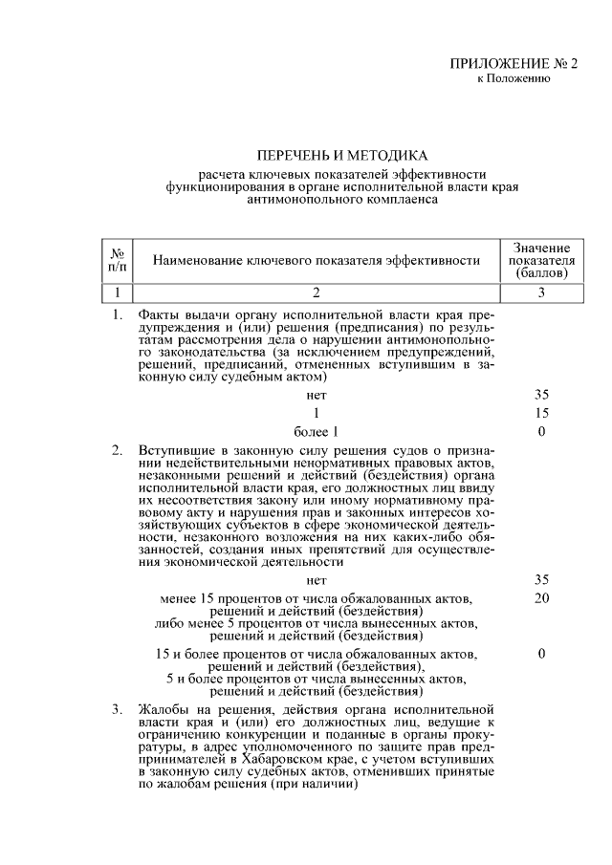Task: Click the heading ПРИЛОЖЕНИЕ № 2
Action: (514, 64)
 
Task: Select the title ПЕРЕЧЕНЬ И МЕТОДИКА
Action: (341, 154)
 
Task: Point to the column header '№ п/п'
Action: (118, 260)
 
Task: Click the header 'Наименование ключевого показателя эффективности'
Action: (316, 260)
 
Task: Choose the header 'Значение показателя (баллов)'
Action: (540, 260)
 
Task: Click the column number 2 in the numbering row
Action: (316, 292)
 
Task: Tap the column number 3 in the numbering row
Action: (540, 292)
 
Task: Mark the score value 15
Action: (541, 412)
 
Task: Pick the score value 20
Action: (541, 598)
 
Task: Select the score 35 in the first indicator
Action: (541, 393)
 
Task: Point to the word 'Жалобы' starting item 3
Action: (160, 709)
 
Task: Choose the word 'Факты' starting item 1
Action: (159, 314)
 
